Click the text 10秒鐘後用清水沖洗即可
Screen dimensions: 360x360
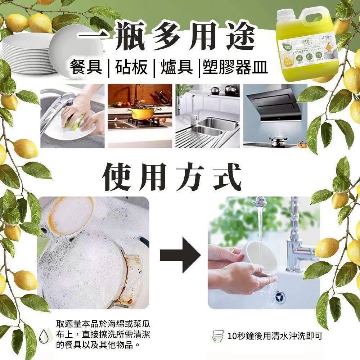pyautogui.click(x=275, y=337)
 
